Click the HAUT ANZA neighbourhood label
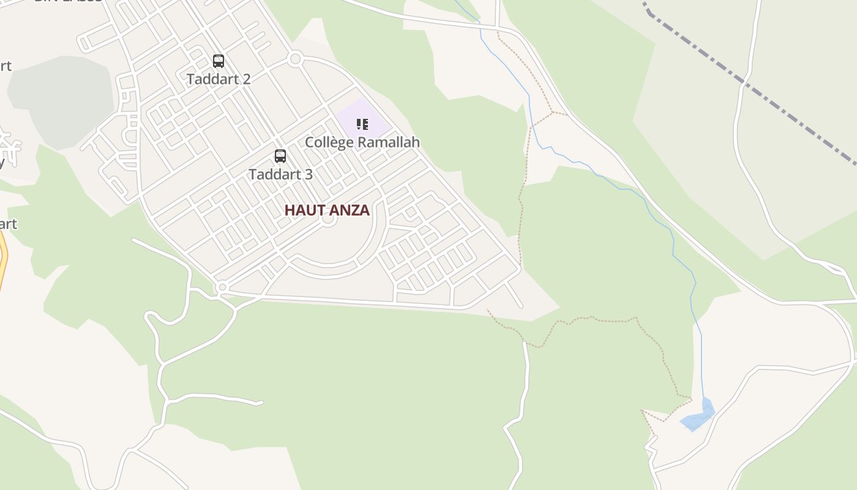(x=327, y=210)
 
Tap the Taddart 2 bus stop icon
(x=219, y=61)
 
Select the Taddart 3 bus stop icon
(x=280, y=156)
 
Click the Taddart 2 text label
(x=219, y=79)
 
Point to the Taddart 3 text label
(x=280, y=175)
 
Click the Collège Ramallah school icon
(x=362, y=125)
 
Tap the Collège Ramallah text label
(x=362, y=143)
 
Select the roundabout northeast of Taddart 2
(x=296, y=59)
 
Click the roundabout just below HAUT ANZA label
(x=329, y=221)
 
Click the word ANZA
(x=350, y=210)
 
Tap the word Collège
(x=329, y=143)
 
